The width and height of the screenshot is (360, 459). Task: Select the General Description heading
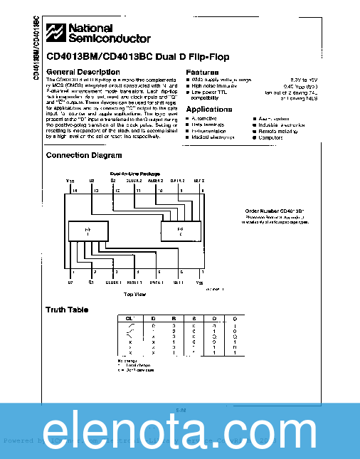pos(83,73)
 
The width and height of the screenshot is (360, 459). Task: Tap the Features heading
pos(202,73)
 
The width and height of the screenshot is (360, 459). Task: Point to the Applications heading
pos(209,110)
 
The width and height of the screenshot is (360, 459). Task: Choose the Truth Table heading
pos(68,310)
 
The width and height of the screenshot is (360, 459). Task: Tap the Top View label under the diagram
pos(135,293)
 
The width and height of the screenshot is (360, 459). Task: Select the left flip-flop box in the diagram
pos(88,232)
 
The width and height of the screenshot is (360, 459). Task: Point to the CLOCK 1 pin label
pos(114,283)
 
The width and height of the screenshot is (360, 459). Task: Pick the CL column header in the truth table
pos(129,317)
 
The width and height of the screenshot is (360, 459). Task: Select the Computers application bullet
pos(270,137)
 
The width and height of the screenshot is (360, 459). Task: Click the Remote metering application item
pos(277,131)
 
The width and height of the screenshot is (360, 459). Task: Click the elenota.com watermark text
pos(179,431)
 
